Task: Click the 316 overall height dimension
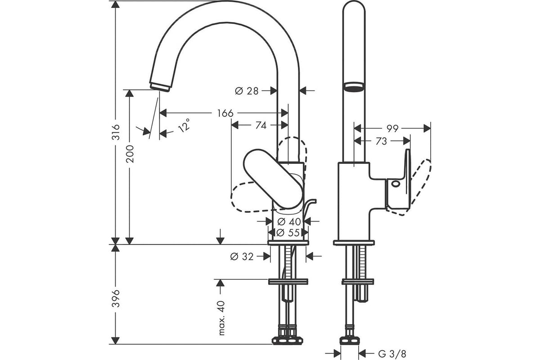[117, 132]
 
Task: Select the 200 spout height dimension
[130, 154]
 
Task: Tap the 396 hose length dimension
[116, 298]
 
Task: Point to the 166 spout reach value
[225, 113]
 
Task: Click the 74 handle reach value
[261, 126]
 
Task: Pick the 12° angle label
[184, 126]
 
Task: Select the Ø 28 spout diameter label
[247, 91]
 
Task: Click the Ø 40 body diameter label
[289, 221]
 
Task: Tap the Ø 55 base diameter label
[288, 233]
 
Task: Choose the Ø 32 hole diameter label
[242, 257]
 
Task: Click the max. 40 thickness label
[221, 318]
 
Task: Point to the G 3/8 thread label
[392, 354]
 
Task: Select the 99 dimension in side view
[392, 129]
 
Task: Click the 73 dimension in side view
[381, 141]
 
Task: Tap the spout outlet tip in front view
[160, 87]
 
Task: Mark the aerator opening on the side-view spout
[354, 87]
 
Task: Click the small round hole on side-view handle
[396, 184]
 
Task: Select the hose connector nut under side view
[350, 341]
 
